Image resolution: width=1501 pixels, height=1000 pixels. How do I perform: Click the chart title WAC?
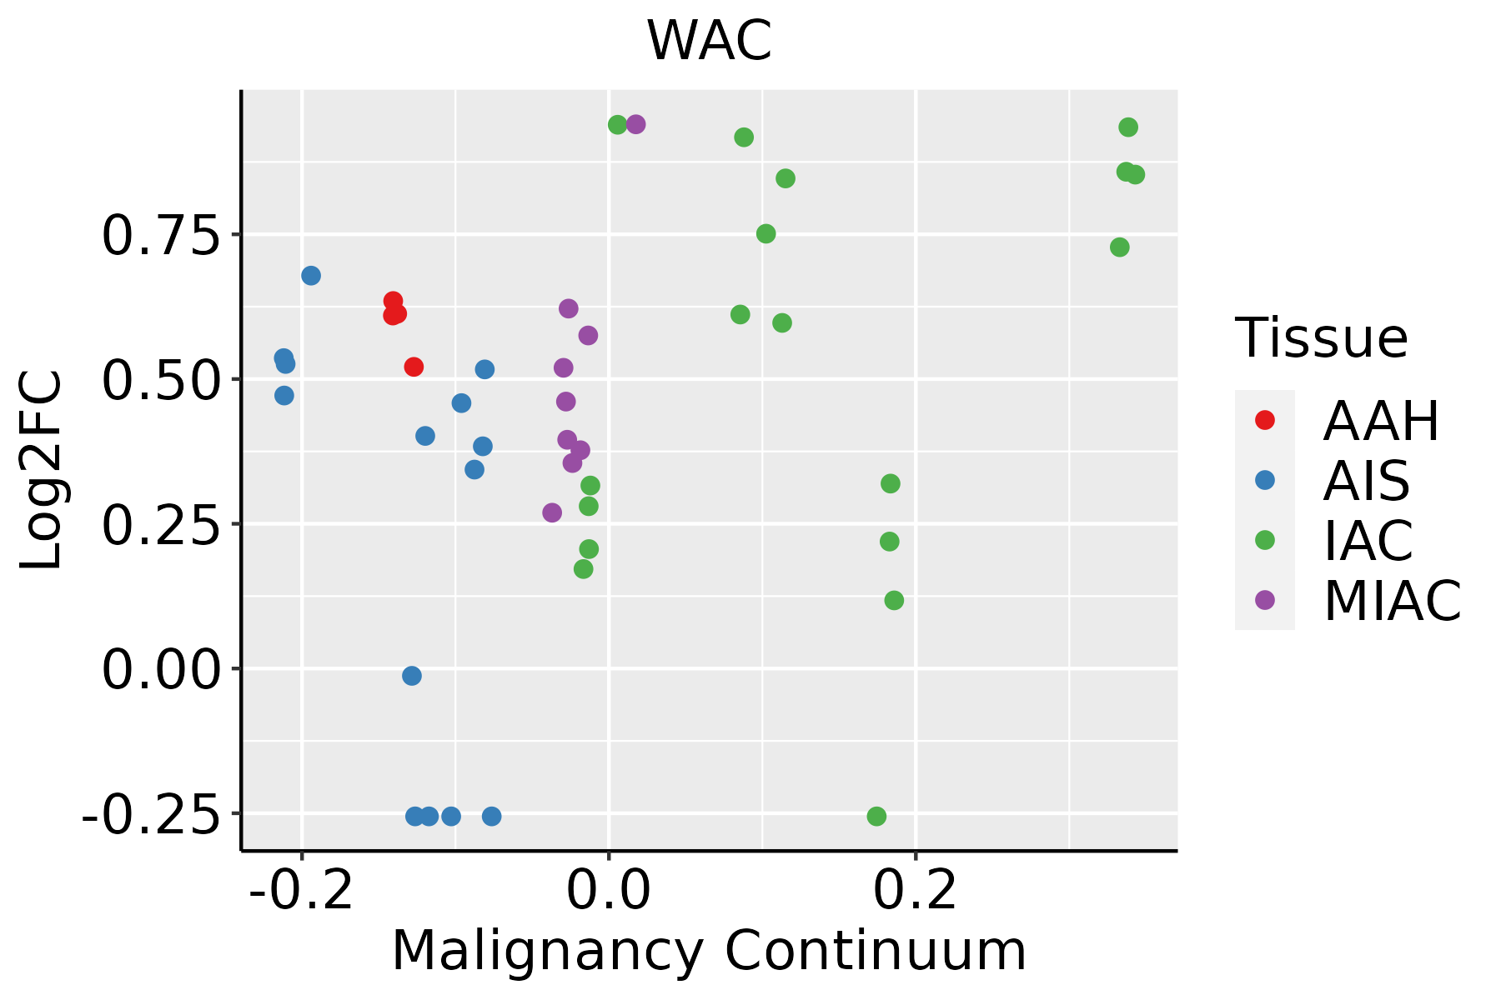tap(710, 41)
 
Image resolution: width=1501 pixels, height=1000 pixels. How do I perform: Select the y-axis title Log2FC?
tap(42, 471)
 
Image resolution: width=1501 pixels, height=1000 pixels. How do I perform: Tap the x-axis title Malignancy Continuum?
tap(709, 952)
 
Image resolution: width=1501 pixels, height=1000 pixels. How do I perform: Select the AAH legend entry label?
tap(1381, 421)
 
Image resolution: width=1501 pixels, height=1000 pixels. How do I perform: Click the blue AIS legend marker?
tap(1265, 480)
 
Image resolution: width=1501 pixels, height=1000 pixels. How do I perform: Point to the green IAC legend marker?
tap(1265, 540)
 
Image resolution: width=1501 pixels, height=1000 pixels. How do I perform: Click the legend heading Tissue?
tap(1322, 338)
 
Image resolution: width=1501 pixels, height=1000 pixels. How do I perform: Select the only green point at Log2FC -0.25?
tap(876, 816)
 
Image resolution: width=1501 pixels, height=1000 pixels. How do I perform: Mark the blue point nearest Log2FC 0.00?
tap(412, 676)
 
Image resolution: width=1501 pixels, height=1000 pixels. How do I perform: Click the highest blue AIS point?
tap(311, 276)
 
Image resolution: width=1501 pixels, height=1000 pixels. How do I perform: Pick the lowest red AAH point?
tap(414, 367)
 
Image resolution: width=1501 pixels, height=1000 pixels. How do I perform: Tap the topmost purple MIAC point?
tap(635, 124)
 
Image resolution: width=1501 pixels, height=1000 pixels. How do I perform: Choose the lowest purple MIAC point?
tap(552, 512)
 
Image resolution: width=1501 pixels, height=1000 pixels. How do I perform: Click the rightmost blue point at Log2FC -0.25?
tap(492, 816)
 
